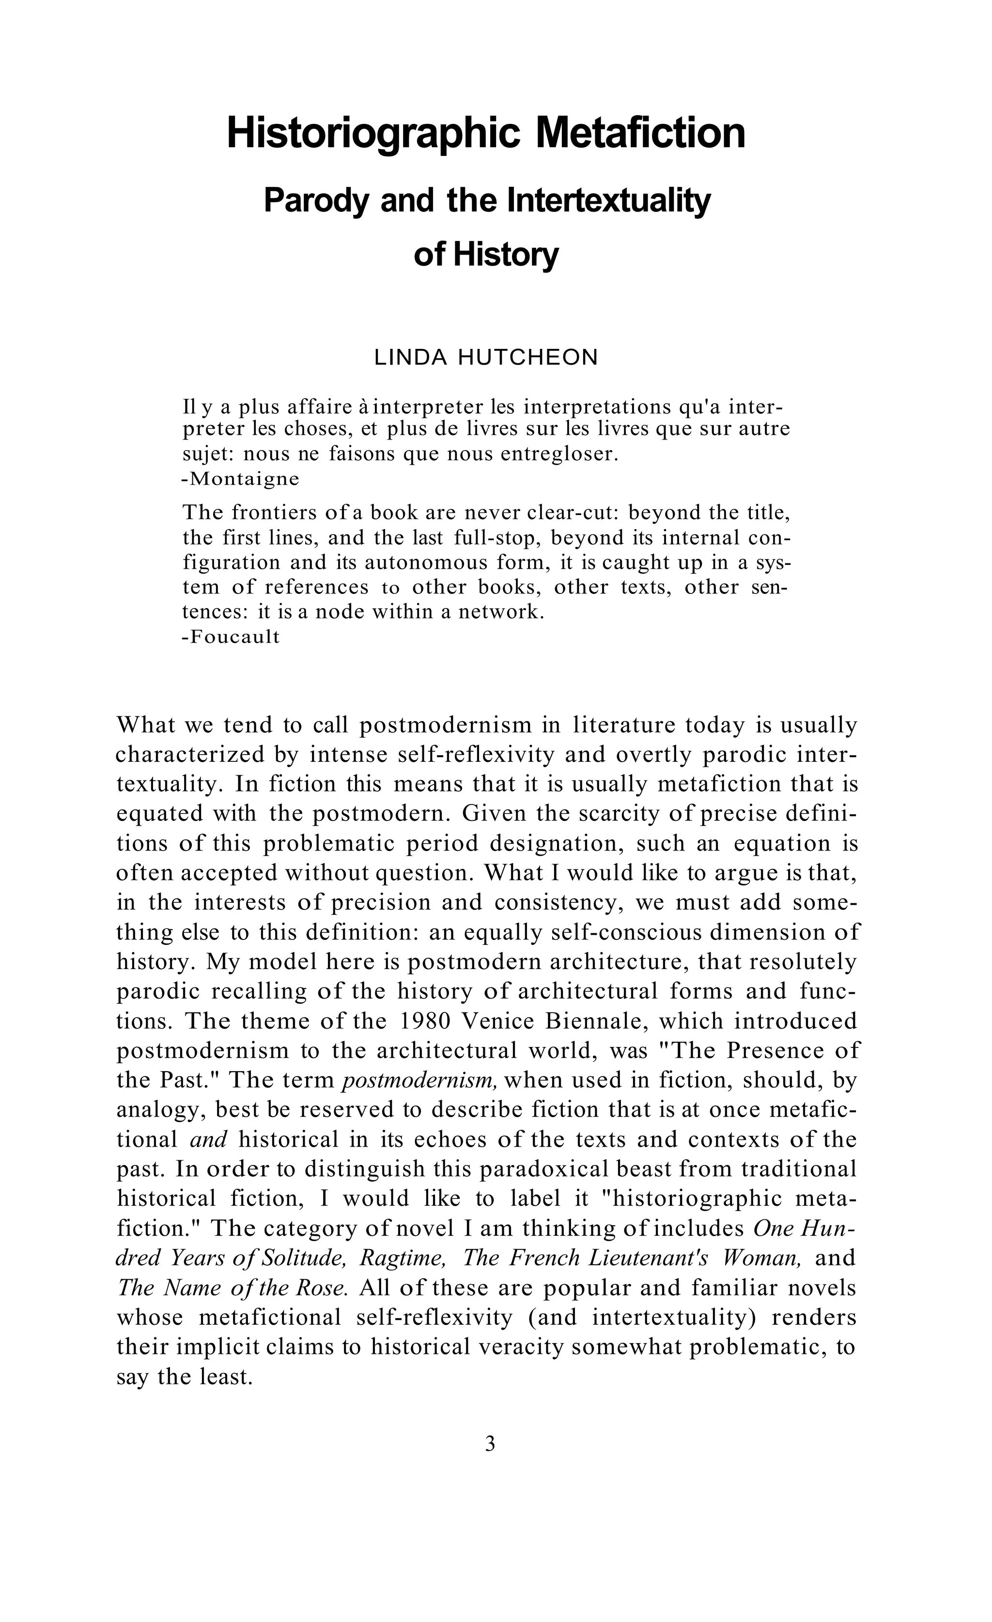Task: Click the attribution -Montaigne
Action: tap(240, 479)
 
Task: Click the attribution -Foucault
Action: tap(231, 637)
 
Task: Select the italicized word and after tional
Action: tap(208, 1139)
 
